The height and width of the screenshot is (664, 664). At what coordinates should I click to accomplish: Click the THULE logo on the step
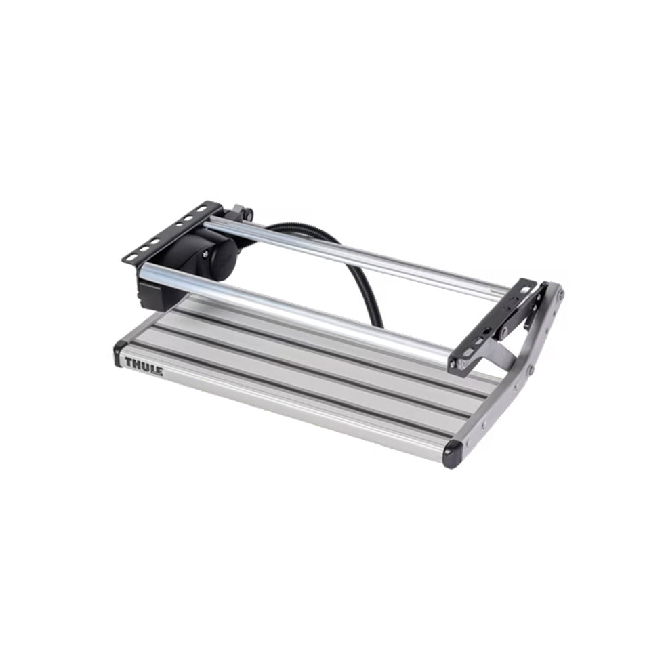click(144, 367)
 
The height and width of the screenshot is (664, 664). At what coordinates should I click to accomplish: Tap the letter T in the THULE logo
click(128, 362)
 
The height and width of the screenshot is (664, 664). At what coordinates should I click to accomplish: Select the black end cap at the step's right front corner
click(453, 454)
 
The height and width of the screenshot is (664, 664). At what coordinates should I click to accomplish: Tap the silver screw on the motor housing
click(205, 255)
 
